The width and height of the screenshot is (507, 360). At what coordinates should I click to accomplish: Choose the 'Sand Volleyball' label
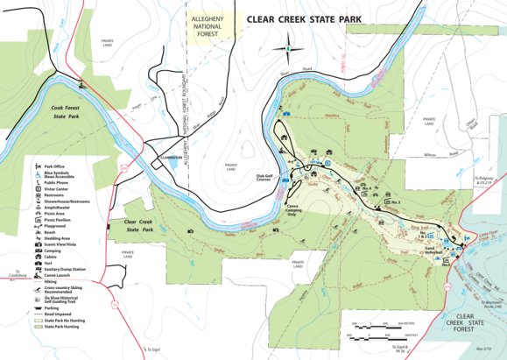click(435, 250)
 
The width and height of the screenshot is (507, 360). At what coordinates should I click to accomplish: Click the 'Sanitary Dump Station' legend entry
click(67, 265)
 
